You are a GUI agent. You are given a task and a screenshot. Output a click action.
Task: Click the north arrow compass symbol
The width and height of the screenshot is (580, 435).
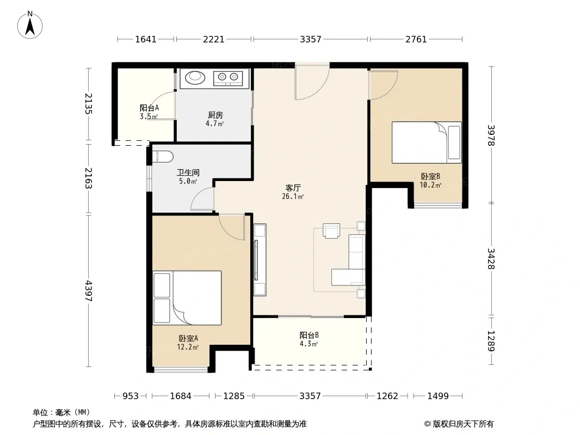pyautogui.click(x=30, y=25)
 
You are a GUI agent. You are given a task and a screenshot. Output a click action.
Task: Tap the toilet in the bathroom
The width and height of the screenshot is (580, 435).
pyautogui.click(x=162, y=157)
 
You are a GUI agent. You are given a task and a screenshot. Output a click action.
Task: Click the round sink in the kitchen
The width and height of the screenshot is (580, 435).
pyautogui.click(x=195, y=77)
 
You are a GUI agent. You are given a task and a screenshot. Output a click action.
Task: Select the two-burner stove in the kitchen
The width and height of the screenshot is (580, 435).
pyautogui.click(x=227, y=78)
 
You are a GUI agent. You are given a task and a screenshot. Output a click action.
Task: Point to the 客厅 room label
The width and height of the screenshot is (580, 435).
pyautogui.click(x=293, y=188)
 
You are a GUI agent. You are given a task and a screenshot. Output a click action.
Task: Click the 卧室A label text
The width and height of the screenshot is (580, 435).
pyautogui.click(x=188, y=338)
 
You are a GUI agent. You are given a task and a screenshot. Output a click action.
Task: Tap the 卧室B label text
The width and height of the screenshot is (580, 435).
pyautogui.click(x=430, y=176)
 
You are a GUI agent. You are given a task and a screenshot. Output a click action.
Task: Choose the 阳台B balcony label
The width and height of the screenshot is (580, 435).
pyautogui.click(x=309, y=335)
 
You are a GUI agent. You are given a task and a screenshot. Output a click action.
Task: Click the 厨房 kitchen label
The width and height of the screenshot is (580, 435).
pyautogui.click(x=215, y=115)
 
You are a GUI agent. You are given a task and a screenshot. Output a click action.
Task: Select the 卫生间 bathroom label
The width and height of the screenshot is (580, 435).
pyautogui.click(x=188, y=172)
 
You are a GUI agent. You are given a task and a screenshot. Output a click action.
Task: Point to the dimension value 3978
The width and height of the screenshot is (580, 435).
pyautogui.click(x=491, y=135)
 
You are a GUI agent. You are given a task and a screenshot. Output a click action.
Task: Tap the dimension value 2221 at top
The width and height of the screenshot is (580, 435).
pyautogui.click(x=213, y=39)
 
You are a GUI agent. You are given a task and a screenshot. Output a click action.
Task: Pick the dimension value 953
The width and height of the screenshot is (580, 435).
pyautogui.click(x=130, y=396)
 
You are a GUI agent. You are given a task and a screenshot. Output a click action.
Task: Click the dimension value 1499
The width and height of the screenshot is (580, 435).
pyautogui.click(x=438, y=396)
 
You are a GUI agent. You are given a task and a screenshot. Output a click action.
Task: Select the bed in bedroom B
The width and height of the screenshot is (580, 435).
pyautogui.click(x=427, y=142)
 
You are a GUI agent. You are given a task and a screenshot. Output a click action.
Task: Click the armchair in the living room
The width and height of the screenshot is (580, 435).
pyautogui.click(x=331, y=231)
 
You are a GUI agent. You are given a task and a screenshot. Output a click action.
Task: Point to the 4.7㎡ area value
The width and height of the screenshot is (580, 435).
pyautogui.click(x=214, y=124)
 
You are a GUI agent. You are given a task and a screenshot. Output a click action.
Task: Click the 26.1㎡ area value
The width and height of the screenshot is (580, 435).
pyautogui.click(x=293, y=197)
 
